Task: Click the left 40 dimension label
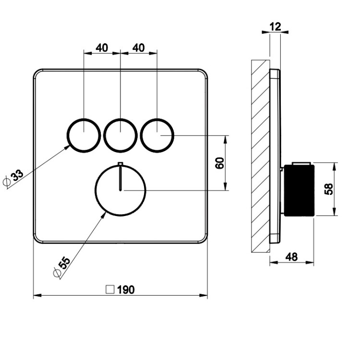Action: [102, 48]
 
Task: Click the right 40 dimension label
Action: [139, 48]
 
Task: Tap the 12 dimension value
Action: [276, 26]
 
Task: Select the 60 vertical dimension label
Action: [220, 163]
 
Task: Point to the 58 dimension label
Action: [329, 189]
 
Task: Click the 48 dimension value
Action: [291, 257]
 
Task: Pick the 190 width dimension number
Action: [126, 290]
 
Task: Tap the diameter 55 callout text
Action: [64, 263]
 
